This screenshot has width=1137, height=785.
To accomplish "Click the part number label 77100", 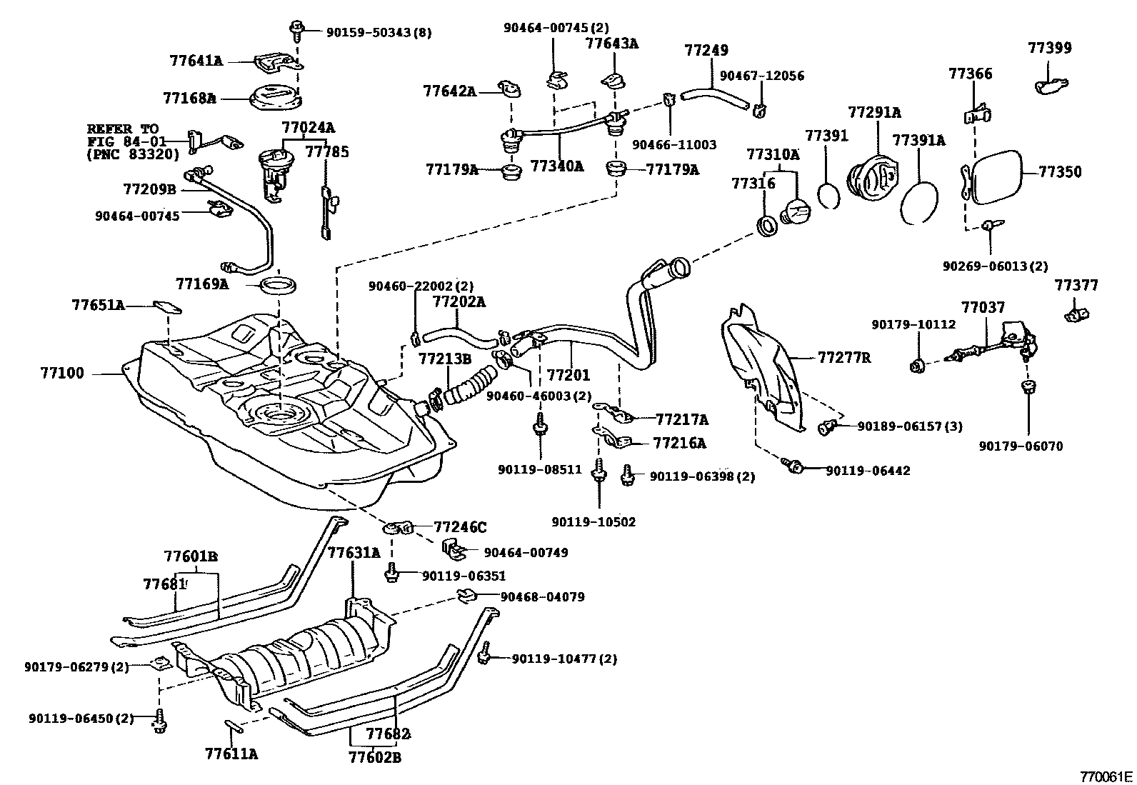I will (x=62, y=373).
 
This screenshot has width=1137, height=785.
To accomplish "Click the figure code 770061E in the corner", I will (x=1106, y=776).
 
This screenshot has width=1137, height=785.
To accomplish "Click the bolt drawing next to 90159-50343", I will (x=295, y=29).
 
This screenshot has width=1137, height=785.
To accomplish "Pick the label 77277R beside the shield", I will (x=844, y=357).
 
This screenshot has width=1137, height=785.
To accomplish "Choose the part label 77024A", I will (x=308, y=129).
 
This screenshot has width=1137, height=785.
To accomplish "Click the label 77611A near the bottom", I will (x=231, y=753).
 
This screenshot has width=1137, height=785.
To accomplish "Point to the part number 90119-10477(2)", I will (x=564, y=659).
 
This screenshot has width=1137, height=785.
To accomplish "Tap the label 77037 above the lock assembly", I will (x=983, y=308).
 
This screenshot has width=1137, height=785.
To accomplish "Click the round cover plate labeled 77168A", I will (x=275, y=98).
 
